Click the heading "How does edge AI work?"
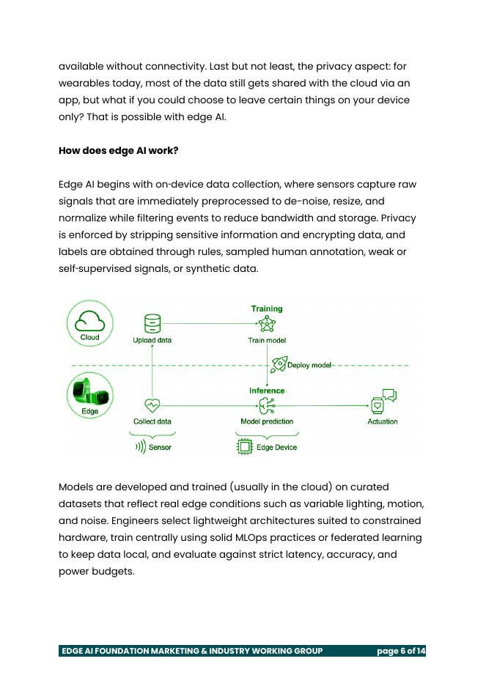[x=118, y=150]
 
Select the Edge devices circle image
[x=89, y=396]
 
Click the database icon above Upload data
[x=152, y=322]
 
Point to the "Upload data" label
[x=152, y=340]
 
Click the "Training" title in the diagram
[x=267, y=309]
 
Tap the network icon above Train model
[x=267, y=324]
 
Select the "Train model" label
[x=267, y=340]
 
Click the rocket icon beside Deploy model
[x=279, y=364]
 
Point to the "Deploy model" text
[x=309, y=365]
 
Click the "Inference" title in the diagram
[x=267, y=391]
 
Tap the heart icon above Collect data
[x=152, y=405]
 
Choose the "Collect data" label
[x=152, y=421]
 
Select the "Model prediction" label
[x=267, y=421]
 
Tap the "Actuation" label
[x=382, y=421]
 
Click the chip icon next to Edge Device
[x=245, y=446]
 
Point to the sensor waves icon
[x=140, y=446]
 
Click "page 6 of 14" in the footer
[x=400, y=651]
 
